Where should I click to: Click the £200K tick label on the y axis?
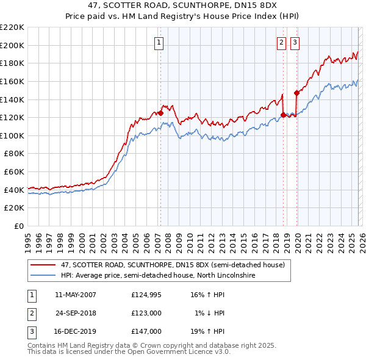12,45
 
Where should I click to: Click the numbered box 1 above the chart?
159,43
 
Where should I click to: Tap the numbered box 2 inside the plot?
281,43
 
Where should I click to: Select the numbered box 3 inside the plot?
295,43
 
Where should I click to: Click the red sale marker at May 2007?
160,113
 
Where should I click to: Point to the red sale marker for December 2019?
297,93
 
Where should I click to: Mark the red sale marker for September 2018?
284,115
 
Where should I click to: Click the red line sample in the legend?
43,265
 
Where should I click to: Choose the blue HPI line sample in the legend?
43,275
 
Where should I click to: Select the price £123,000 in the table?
146,313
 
